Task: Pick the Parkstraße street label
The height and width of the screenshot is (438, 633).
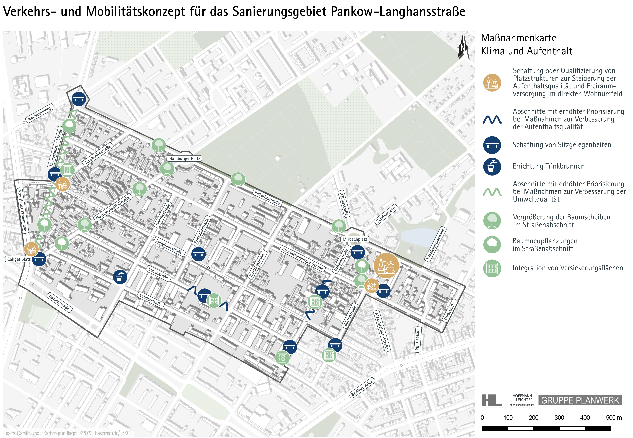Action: click(450, 311)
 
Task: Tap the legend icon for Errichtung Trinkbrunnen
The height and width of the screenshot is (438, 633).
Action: click(492, 167)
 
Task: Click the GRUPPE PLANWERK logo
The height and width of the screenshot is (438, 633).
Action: click(580, 400)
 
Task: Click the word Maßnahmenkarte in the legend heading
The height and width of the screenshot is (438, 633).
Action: click(518, 38)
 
